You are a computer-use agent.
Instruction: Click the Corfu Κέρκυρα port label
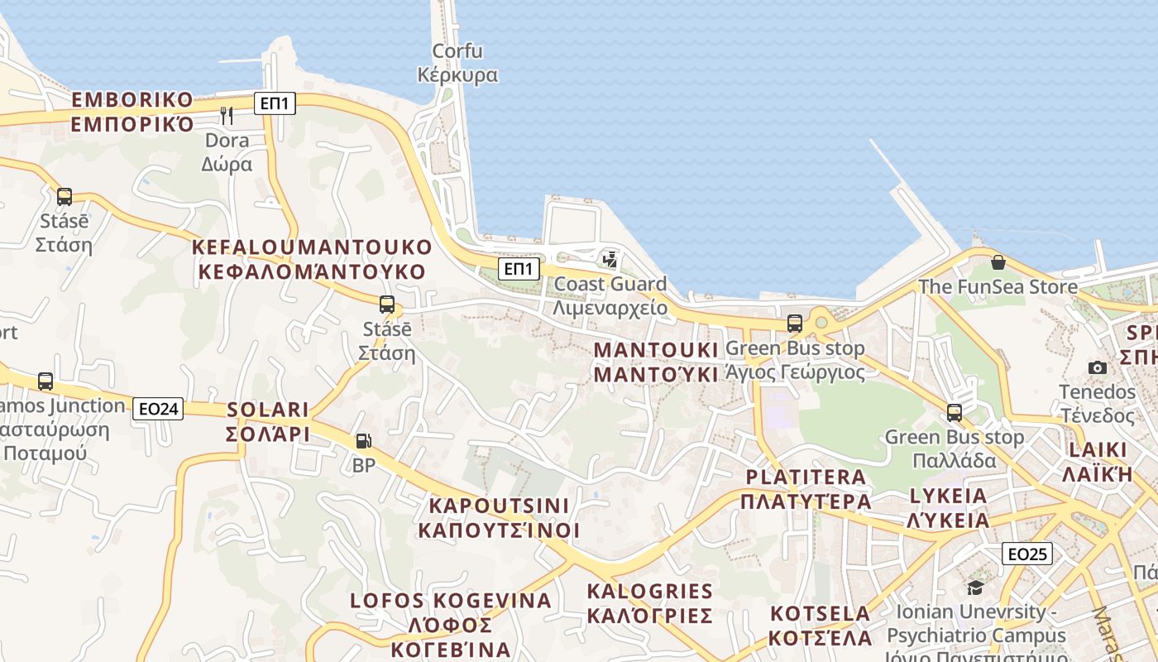tap(457, 63)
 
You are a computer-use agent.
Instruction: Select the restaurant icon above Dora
tap(227, 115)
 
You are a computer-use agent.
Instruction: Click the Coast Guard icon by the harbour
tap(610, 260)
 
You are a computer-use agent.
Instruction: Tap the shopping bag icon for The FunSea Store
tap(998, 262)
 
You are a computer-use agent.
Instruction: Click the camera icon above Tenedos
tap(1098, 367)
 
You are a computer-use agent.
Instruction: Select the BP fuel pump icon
tap(363, 442)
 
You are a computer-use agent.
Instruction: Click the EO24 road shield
tap(158, 408)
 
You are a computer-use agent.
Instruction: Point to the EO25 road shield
tap(1026, 554)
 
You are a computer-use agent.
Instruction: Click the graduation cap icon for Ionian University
tap(976, 588)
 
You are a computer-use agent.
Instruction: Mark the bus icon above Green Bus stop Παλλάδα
tap(955, 412)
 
